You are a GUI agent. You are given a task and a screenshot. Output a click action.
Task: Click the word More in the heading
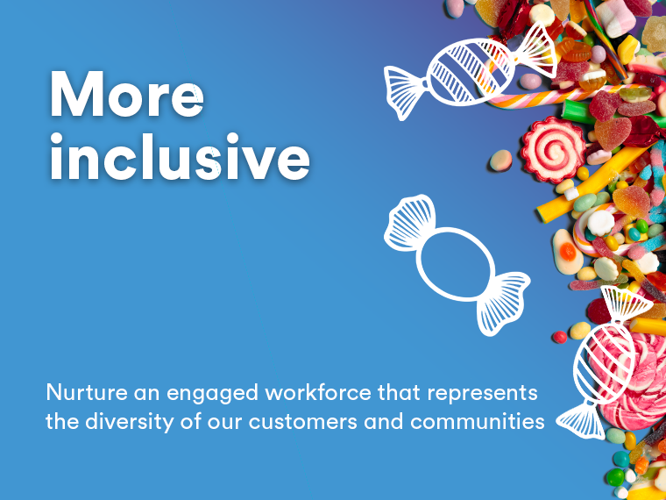click(126, 95)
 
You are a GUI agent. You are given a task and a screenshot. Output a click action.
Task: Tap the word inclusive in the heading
click(181, 156)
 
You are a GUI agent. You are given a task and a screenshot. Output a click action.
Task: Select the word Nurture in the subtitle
click(87, 392)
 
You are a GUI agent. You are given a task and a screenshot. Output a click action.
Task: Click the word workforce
click(318, 391)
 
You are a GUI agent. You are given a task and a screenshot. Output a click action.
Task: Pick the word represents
click(482, 393)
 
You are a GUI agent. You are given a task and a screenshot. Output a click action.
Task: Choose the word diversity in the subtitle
click(130, 422)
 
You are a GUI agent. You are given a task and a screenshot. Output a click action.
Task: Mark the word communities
click(478, 421)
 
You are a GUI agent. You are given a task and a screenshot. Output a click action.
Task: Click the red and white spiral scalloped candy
click(553, 149)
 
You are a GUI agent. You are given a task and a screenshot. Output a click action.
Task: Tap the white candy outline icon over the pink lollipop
click(603, 361)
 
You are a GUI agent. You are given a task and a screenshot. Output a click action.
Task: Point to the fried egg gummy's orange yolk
click(568, 251)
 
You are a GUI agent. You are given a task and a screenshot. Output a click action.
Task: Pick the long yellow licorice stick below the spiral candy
click(592, 183)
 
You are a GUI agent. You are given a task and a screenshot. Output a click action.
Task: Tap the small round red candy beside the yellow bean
click(560, 337)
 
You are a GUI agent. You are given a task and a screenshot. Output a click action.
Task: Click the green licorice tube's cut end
click(567, 110)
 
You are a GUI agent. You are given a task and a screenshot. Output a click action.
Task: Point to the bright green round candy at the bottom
click(615, 477)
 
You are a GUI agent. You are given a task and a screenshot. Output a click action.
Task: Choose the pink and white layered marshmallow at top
click(616, 18)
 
